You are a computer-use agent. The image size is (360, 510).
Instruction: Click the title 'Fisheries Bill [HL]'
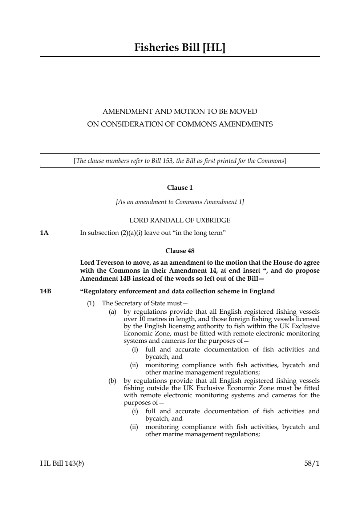point(180,48)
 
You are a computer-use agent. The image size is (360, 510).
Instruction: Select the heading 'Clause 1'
point(180,188)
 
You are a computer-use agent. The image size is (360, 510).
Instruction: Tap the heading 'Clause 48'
point(180,251)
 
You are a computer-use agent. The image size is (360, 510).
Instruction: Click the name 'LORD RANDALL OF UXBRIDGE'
point(180,220)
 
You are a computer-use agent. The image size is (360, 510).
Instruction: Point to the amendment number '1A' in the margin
point(44,233)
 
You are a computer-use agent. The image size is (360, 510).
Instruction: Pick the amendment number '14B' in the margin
point(45,291)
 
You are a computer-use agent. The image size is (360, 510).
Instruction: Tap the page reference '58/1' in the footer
point(312,463)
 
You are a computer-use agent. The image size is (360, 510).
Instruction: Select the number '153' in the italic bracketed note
point(167,161)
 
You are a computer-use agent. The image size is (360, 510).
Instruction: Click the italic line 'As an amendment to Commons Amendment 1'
point(180,202)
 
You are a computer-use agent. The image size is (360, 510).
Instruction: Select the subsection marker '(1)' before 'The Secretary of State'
point(90,303)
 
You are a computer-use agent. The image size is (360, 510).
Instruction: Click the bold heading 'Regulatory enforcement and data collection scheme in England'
point(178,291)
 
